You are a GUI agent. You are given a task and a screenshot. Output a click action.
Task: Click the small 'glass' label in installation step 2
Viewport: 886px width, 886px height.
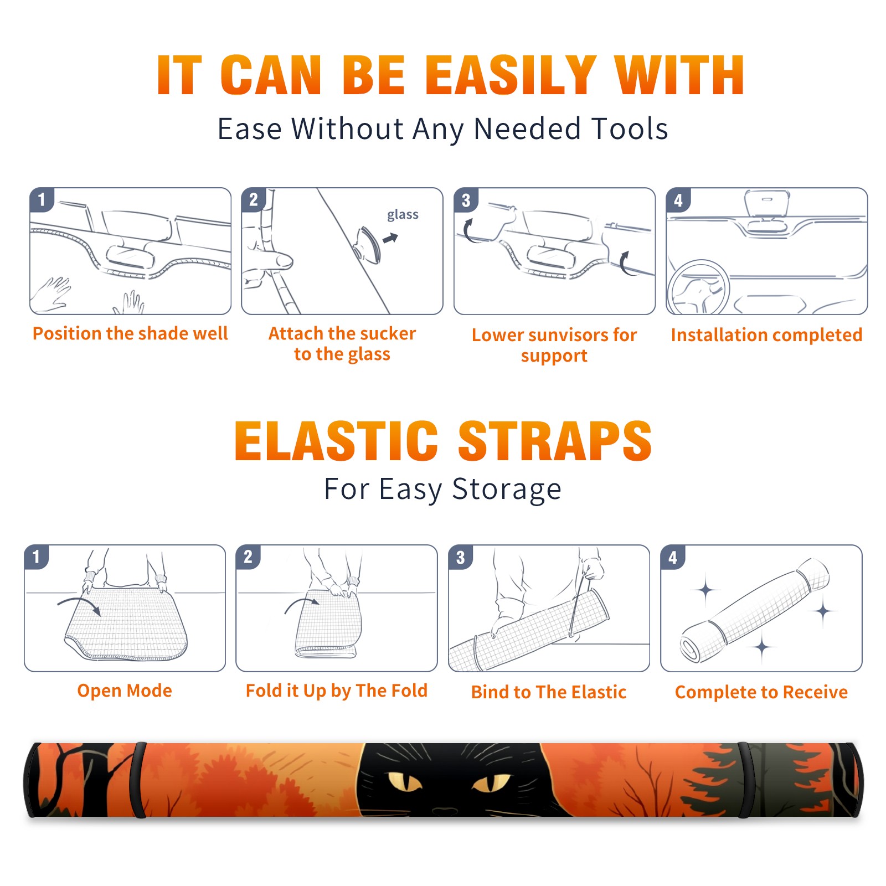[403, 215]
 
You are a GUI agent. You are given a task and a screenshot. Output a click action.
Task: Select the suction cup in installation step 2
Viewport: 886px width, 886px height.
[368, 245]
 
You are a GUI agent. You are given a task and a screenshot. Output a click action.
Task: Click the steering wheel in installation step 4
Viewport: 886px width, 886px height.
[698, 287]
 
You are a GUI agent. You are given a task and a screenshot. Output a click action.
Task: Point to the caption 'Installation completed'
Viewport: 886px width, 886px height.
[766, 334]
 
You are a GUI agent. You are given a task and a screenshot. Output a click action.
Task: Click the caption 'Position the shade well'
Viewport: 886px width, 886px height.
[130, 333]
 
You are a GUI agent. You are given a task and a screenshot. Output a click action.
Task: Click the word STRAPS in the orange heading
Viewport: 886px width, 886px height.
[555, 441]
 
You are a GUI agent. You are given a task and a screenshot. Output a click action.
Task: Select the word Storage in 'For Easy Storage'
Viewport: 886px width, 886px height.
[507, 490]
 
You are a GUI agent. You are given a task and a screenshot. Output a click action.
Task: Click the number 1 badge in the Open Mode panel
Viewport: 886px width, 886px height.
[37, 557]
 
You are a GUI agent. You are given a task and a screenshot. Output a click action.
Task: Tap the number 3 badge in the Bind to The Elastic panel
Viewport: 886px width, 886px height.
[461, 557]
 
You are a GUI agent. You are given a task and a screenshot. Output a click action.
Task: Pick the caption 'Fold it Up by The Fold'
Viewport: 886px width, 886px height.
[337, 691]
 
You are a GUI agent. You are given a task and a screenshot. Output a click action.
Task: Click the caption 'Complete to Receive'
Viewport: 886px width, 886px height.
[761, 692]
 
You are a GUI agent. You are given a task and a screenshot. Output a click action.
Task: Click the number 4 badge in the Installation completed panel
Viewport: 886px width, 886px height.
[678, 200]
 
